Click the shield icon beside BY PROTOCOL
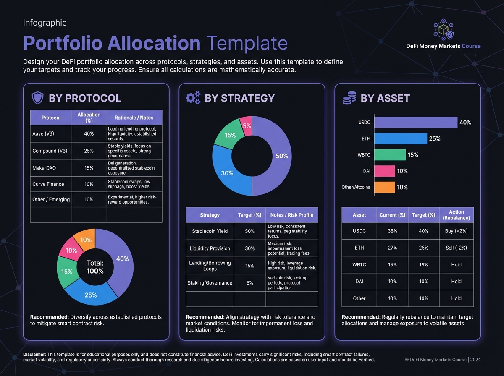tap(38, 98)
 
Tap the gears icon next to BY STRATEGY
tap(193, 98)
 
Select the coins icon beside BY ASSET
tap(349, 99)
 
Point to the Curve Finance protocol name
tap(48, 184)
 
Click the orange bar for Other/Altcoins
tap(384, 187)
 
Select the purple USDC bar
tap(415, 123)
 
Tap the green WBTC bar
tap(390, 155)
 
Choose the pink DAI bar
tap(384, 171)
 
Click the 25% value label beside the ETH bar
tap(434, 139)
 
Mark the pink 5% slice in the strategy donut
tap(246, 125)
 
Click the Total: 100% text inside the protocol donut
tap(95, 267)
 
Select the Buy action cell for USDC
tap(456, 231)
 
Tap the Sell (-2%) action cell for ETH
tap(456, 248)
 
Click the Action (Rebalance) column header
tap(456, 215)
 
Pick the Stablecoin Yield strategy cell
tap(210, 231)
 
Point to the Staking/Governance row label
tap(210, 283)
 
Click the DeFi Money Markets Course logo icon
tap(443, 29)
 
